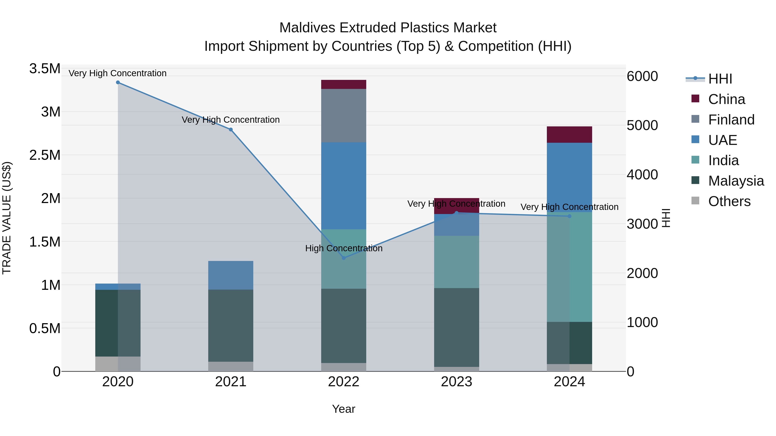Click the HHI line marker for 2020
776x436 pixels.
[118, 82]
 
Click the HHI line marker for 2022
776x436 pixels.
[344, 258]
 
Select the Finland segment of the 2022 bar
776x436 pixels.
[344, 116]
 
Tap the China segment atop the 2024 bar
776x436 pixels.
[569, 135]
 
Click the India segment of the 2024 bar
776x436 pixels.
[569, 267]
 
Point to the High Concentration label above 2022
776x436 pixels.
[344, 248]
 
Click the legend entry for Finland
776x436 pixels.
[731, 120]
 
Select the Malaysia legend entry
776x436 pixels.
[736, 181]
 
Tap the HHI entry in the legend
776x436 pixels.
[720, 79]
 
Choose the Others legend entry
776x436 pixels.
[729, 201]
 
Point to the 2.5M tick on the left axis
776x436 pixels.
[45, 155]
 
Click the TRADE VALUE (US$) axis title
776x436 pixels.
[7, 218]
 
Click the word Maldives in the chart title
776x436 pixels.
[307, 28]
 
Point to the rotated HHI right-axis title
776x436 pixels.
[666, 218]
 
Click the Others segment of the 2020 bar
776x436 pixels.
[118, 364]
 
